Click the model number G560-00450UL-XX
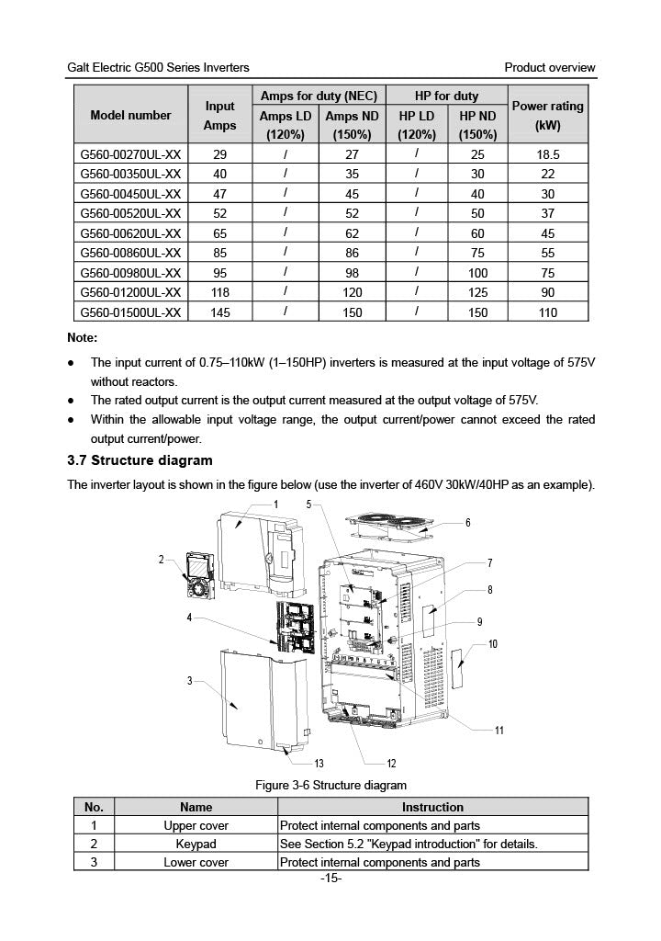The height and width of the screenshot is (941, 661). pyautogui.click(x=130, y=194)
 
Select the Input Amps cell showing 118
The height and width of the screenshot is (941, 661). pyautogui.click(x=219, y=293)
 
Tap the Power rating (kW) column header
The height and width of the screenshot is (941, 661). pyautogui.click(x=548, y=116)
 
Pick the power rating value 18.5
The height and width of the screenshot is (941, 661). pyautogui.click(x=548, y=155)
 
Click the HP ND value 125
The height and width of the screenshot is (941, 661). pyautogui.click(x=477, y=293)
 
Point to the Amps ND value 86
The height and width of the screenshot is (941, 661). pyautogui.click(x=352, y=254)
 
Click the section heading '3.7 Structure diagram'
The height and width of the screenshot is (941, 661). pyautogui.click(x=140, y=460)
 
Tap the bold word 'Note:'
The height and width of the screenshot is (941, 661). pyautogui.click(x=89, y=337)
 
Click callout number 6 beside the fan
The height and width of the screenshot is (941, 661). pyautogui.click(x=467, y=523)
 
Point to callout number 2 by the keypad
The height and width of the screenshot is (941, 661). pyautogui.click(x=162, y=559)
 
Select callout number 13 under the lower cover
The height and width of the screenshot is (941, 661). pyautogui.click(x=319, y=764)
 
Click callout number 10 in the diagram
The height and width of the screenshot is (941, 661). pyautogui.click(x=493, y=644)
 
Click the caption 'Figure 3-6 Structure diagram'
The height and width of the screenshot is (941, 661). pyautogui.click(x=330, y=786)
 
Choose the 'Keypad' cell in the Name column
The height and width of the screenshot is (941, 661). pyautogui.click(x=196, y=844)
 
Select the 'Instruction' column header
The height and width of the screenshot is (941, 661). pyautogui.click(x=432, y=807)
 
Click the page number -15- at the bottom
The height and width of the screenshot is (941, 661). pyautogui.click(x=330, y=879)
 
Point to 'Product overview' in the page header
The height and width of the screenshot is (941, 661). pyautogui.click(x=550, y=67)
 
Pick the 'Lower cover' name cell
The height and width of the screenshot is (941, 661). pyautogui.click(x=196, y=862)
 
